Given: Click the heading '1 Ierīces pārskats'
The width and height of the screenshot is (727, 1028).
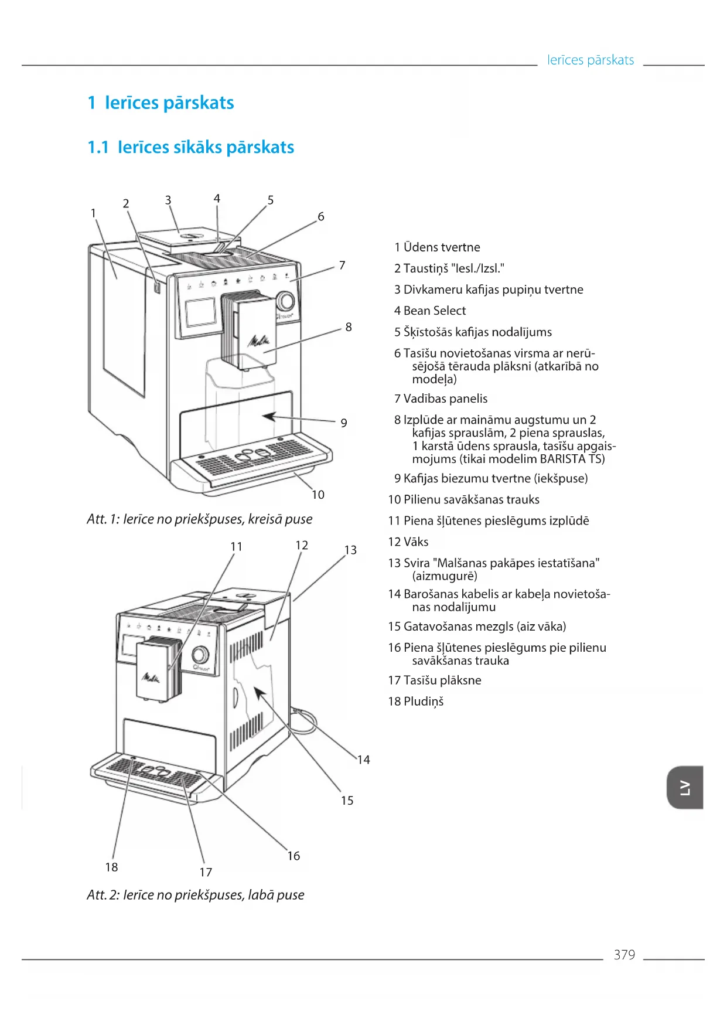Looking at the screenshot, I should (x=161, y=103).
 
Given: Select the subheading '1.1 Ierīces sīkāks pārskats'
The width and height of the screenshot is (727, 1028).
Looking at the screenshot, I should (x=190, y=147).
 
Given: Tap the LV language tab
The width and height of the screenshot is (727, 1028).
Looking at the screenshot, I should (x=685, y=787).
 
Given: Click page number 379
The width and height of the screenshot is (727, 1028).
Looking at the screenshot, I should (x=624, y=955).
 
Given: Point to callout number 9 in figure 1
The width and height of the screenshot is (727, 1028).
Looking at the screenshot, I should (x=344, y=423).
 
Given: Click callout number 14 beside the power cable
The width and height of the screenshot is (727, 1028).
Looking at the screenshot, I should (x=364, y=760).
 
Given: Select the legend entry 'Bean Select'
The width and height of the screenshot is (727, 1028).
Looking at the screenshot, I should (x=430, y=311).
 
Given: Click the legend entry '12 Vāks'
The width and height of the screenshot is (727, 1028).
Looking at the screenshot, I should (x=408, y=542).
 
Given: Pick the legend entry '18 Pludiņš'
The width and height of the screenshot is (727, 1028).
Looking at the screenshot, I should (x=416, y=702).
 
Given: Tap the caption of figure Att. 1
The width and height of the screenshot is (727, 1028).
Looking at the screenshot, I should (x=199, y=519).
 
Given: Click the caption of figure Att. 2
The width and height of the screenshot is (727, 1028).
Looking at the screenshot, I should (x=195, y=895).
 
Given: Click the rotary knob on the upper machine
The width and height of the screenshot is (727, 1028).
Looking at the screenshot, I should (x=285, y=301).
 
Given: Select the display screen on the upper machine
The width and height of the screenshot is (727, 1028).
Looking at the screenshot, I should (x=201, y=312).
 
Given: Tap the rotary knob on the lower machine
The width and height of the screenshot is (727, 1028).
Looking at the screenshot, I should (x=200, y=654).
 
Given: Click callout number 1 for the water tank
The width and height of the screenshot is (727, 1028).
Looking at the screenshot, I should (x=93, y=213).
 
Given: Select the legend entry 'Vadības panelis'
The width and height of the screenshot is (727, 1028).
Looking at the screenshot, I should (x=441, y=399).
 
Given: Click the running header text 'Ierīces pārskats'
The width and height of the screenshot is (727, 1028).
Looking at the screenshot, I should (x=590, y=60).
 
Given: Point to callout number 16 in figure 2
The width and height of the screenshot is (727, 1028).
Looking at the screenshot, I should (x=293, y=856).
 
